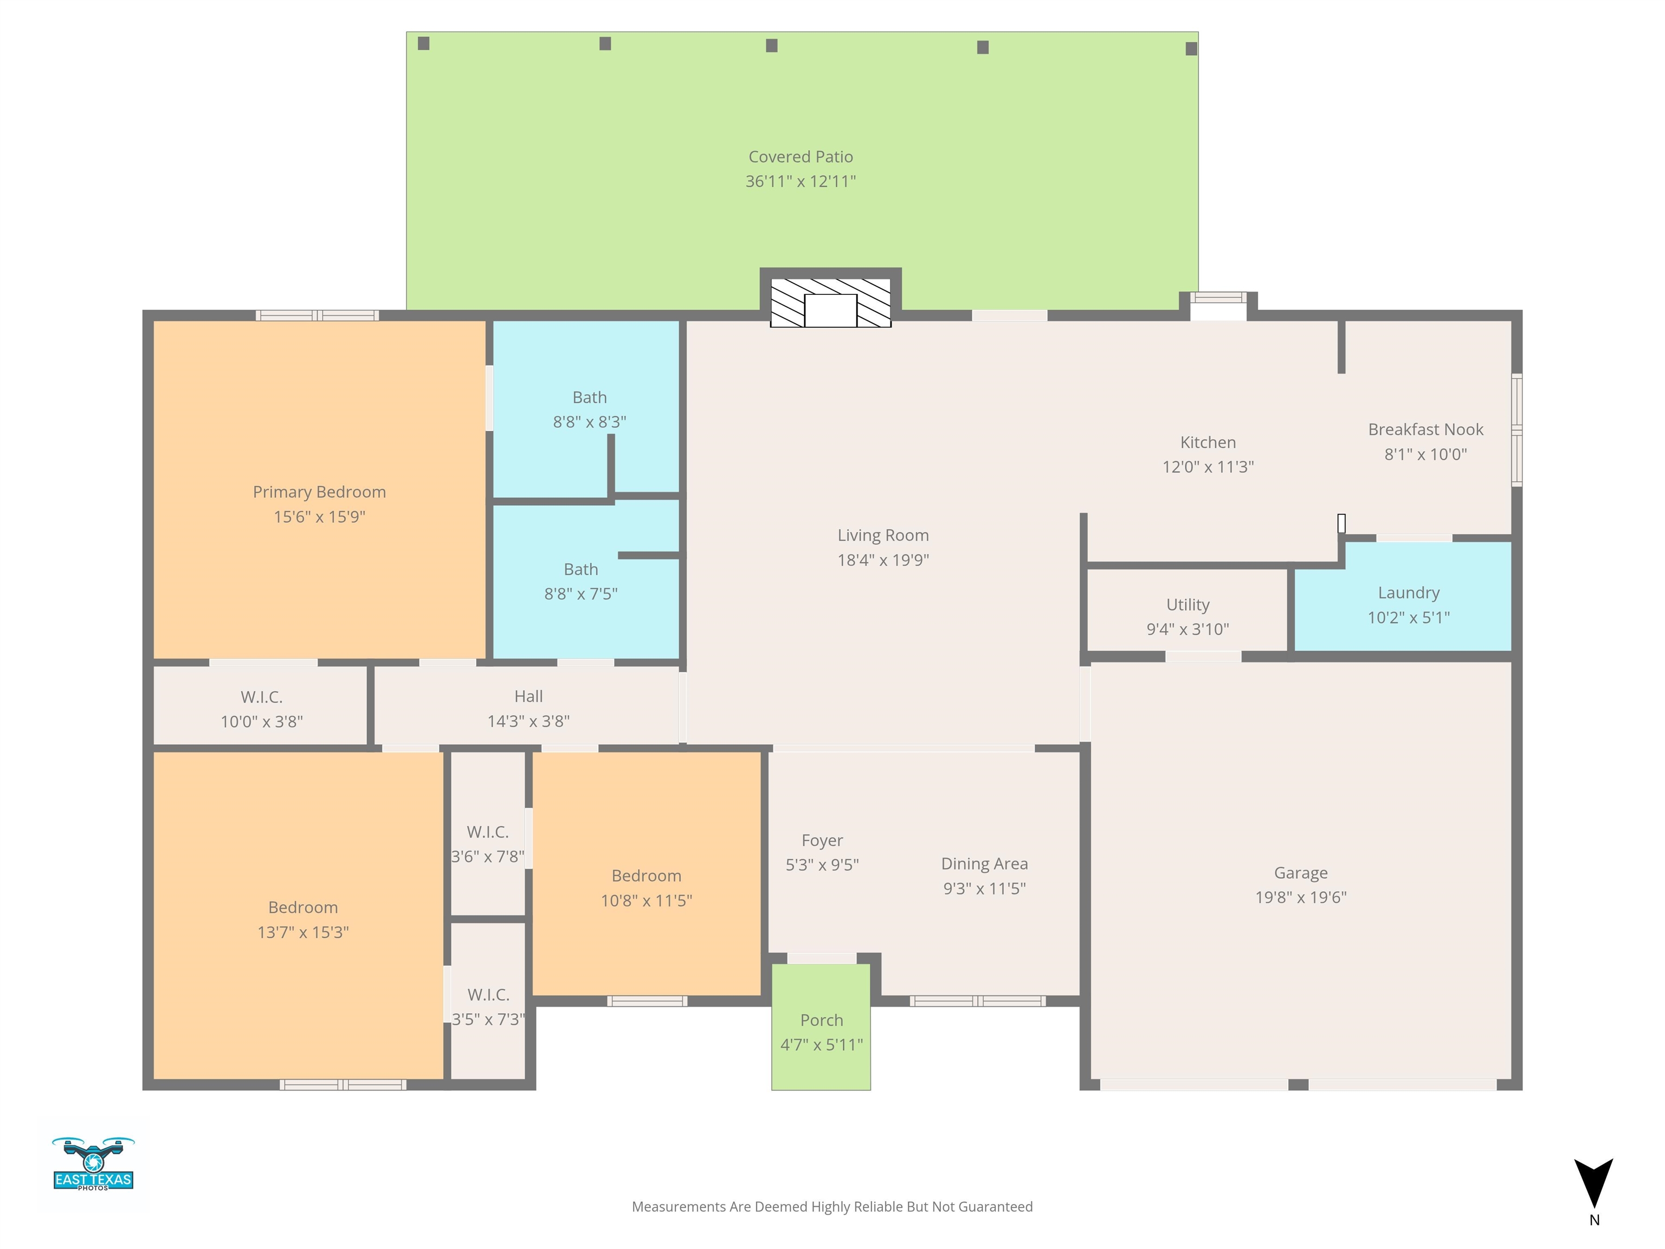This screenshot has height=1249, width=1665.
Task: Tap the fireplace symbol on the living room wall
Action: click(830, 302)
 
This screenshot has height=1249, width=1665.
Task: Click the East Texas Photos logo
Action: click(93, 1164)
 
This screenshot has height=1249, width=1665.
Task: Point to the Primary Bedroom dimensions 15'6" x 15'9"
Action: click(319, 517)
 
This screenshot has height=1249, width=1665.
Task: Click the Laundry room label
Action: click(1408, 593)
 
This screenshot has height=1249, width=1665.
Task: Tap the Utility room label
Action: click(1188, 604)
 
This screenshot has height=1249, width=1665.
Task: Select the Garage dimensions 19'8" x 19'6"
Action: click(1301, 897)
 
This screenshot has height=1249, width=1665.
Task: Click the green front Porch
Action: click(821, 1026)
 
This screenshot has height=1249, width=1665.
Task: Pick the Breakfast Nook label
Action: click(1425, 429)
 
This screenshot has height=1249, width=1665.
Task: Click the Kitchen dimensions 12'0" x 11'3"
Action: click(1208, 467)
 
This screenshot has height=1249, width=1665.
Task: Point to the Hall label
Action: click(528, 697)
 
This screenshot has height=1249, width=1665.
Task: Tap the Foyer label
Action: click(822, 840)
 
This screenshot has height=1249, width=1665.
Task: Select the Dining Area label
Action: click(985, 864)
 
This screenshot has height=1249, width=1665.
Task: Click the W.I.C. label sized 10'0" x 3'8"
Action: click(261, 697)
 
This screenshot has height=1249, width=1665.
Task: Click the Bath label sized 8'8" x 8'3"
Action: click(589, 397)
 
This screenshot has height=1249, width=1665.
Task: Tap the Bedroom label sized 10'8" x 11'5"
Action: click(647, 875)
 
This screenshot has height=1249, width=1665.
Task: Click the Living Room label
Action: click(883, 535)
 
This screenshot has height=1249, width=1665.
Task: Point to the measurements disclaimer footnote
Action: click(832, 1207)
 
